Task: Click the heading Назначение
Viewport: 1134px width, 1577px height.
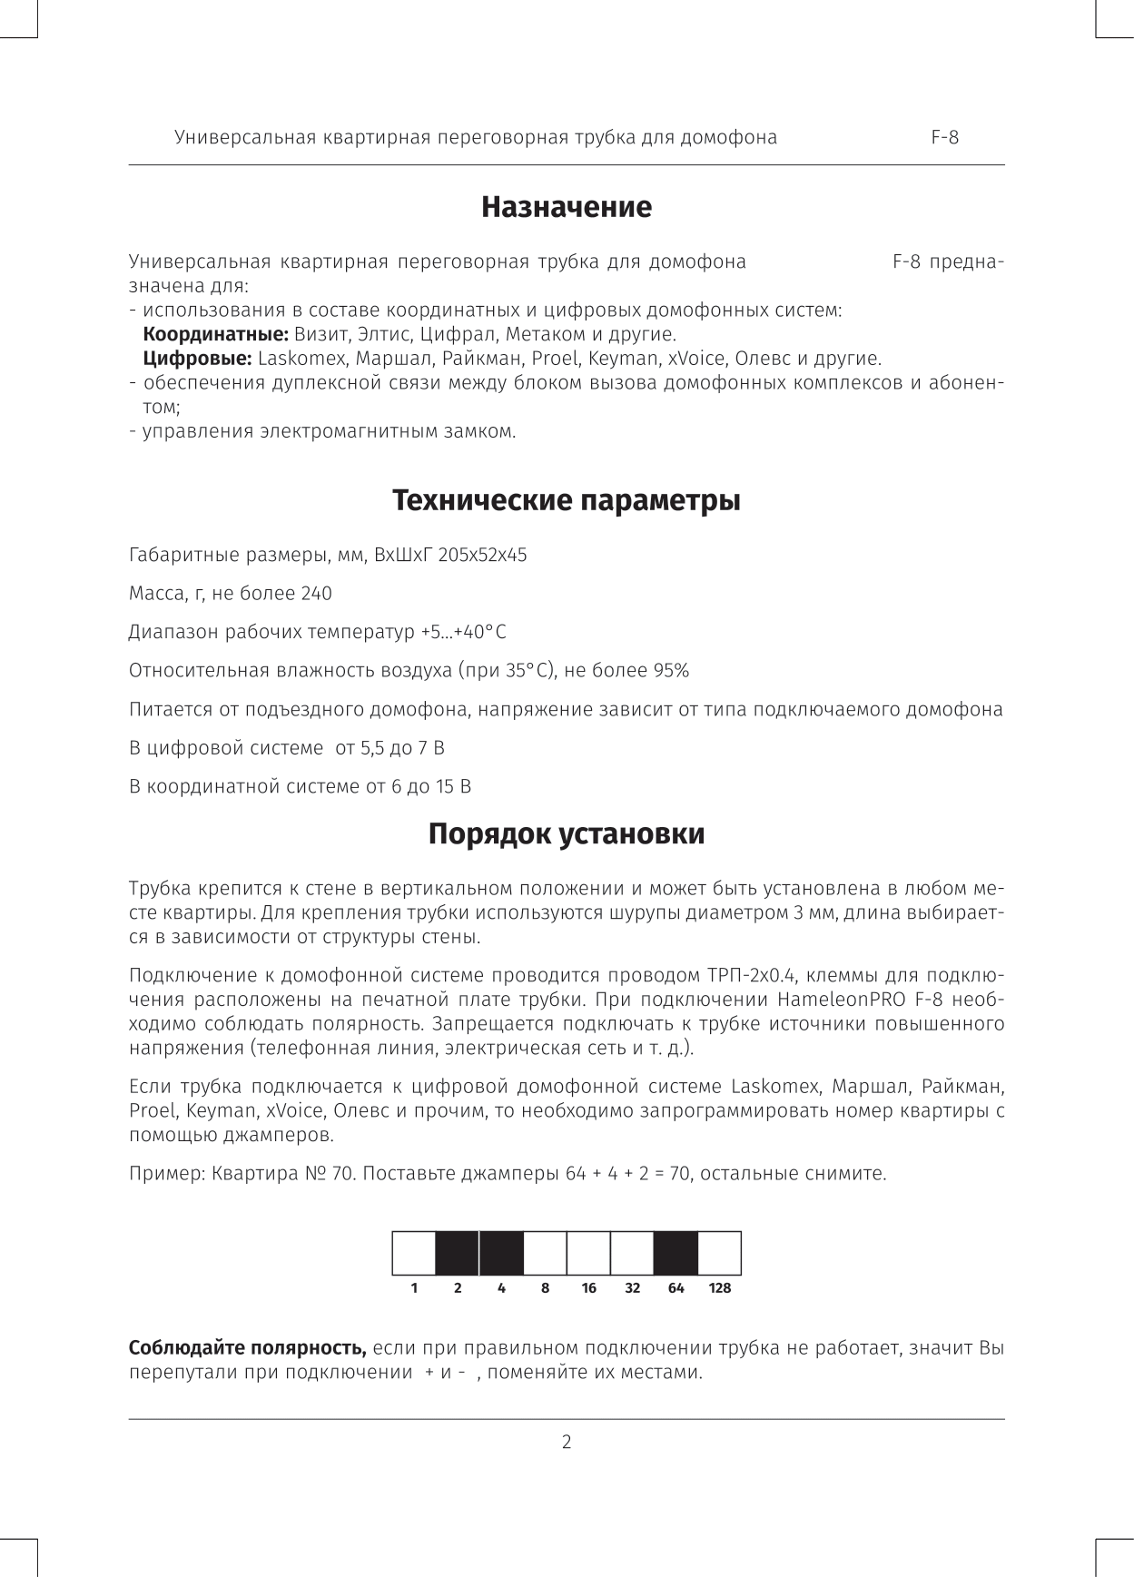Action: pyautogui.click(x=566, y=207)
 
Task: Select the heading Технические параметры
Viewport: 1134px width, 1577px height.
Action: pyautogui.click(x=566, y=500)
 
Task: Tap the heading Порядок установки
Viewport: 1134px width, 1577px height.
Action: pyautogui.click(x=566, y=833)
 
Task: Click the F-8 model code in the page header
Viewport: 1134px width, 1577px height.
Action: pyautogui.click(x=944, y=138)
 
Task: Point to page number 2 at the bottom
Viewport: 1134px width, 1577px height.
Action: pyautogui.click(x=567, y=1442)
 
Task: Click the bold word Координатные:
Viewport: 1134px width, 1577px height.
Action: pyautogui.click(x=216, y=334)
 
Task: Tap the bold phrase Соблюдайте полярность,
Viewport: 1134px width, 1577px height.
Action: pyautogui.click(x=248, y=1347)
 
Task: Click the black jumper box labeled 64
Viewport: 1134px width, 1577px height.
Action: pyautogui.click(x=675, y=1253)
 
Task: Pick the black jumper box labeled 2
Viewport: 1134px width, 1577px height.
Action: pyautogui.click(x=458, y=1253)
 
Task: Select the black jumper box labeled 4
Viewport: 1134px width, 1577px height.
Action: pyautogui.click(x=501, y=1253)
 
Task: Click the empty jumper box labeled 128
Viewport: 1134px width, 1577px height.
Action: pyautogui.click(x=720, y=1253)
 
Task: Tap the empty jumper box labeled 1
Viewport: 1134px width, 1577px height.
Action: pyautogui.click(x=414, y=1253)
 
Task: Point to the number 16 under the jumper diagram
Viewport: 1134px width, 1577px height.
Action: pyautogui.click(x=588, y=1288)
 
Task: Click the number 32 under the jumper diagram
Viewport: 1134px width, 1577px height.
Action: pyautogui.click(x=632, y=1288)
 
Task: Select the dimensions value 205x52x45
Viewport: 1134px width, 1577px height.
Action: pyautogui.click(x=482, y=555)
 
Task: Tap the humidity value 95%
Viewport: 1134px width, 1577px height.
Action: pyautogui.click(x=671, y=671)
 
